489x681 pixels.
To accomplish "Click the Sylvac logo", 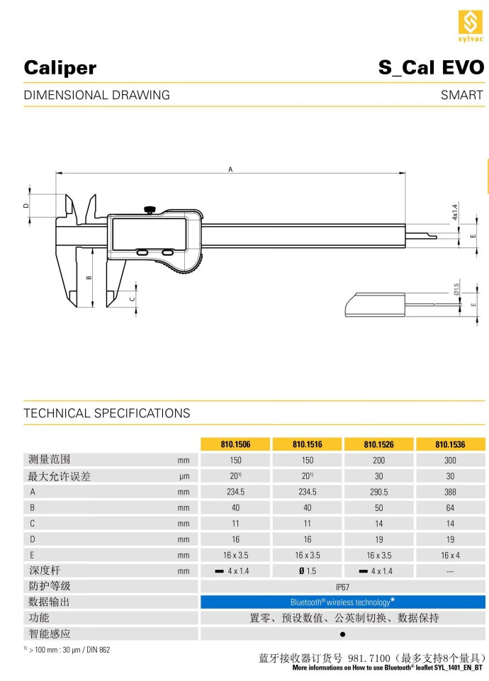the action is tap(471, 26).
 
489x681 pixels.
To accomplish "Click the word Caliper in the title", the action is tap(60, 68).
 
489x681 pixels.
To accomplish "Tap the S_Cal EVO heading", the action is tap(431, 68).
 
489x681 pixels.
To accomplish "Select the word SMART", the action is tap(461, 95).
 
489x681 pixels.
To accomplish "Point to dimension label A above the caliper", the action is tap(230, 169).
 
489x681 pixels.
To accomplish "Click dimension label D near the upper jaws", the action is tap(26, 206).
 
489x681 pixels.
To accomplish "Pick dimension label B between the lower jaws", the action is tap(89, 277).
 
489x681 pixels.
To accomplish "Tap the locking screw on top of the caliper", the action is tap(150, 210).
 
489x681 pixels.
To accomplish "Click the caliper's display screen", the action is tap(150, 235).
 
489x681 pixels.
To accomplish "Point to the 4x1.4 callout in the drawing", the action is tap(455, 213).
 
